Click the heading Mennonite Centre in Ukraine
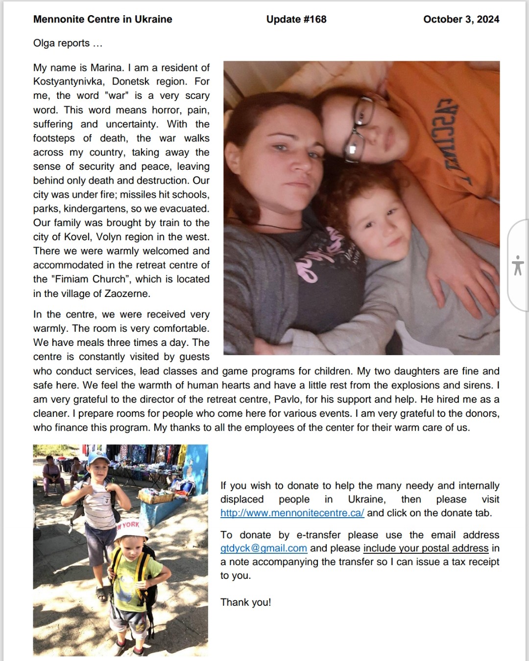[102, 20]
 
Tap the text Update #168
[296, 20]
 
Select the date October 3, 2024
[461, 20]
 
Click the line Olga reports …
[68, 43]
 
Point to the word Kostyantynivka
[68, 82]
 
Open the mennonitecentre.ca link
[292, 513]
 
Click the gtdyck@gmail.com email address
[264, 548]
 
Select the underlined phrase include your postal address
[426, 548]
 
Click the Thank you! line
[245, 602]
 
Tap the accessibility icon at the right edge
[517, 265]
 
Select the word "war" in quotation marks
[117, 96]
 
